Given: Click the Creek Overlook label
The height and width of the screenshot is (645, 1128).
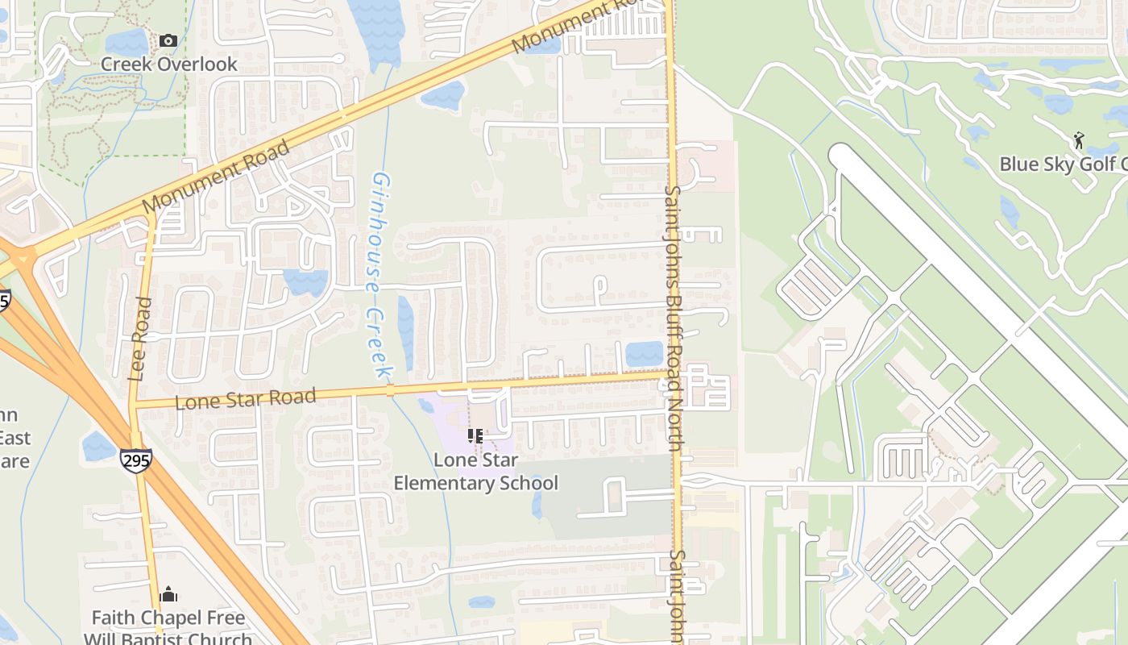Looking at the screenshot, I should click(x=169, y=64).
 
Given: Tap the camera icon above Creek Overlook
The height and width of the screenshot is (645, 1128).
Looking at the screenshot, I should click(x=168, y=40).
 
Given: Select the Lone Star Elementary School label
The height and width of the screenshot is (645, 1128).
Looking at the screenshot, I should click(x=475, y=471).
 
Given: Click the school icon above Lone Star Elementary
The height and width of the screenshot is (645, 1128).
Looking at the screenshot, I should click(x=475, y=436).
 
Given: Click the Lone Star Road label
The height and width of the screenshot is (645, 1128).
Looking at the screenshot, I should click(x=245, y=398).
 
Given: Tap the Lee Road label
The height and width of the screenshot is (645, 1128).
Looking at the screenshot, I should click(x=140, y=339).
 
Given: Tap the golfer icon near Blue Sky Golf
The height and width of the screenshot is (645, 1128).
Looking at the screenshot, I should click(x=1079, y=141).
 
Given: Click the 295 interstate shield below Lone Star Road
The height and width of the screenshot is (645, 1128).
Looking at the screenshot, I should click(x=135, y=460).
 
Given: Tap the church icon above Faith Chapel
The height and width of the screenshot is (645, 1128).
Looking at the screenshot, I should click(x=168, y=595).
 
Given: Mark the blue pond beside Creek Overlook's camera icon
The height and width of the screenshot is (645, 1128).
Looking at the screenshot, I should click(x=126, y=42).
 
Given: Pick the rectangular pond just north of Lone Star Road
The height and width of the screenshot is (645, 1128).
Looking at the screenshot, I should click(x=644, y=354).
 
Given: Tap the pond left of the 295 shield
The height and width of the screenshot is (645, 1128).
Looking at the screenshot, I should click(x=98, y=446).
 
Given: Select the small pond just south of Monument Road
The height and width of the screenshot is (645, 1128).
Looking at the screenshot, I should click(x=442, y=96).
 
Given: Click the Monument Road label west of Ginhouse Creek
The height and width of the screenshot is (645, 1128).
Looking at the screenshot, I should click(x=216, y=177).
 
